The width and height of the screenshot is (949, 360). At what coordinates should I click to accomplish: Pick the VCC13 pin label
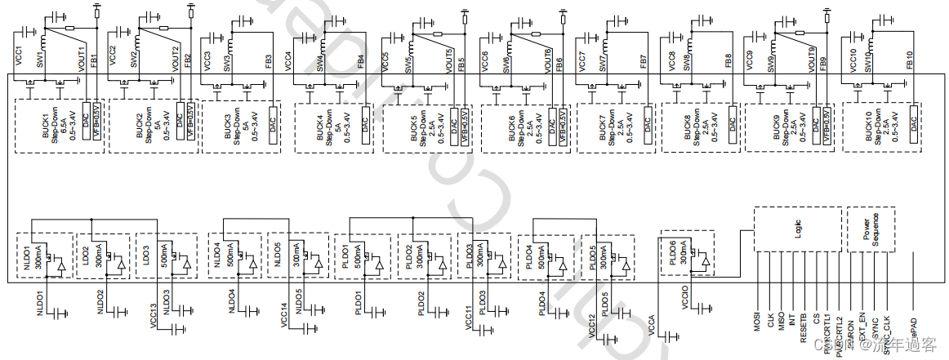[x=154, y=317]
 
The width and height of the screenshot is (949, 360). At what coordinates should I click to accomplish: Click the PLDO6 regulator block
[x=687, y=254]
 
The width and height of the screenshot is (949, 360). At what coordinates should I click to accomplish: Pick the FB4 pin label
[x=361, y=61]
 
